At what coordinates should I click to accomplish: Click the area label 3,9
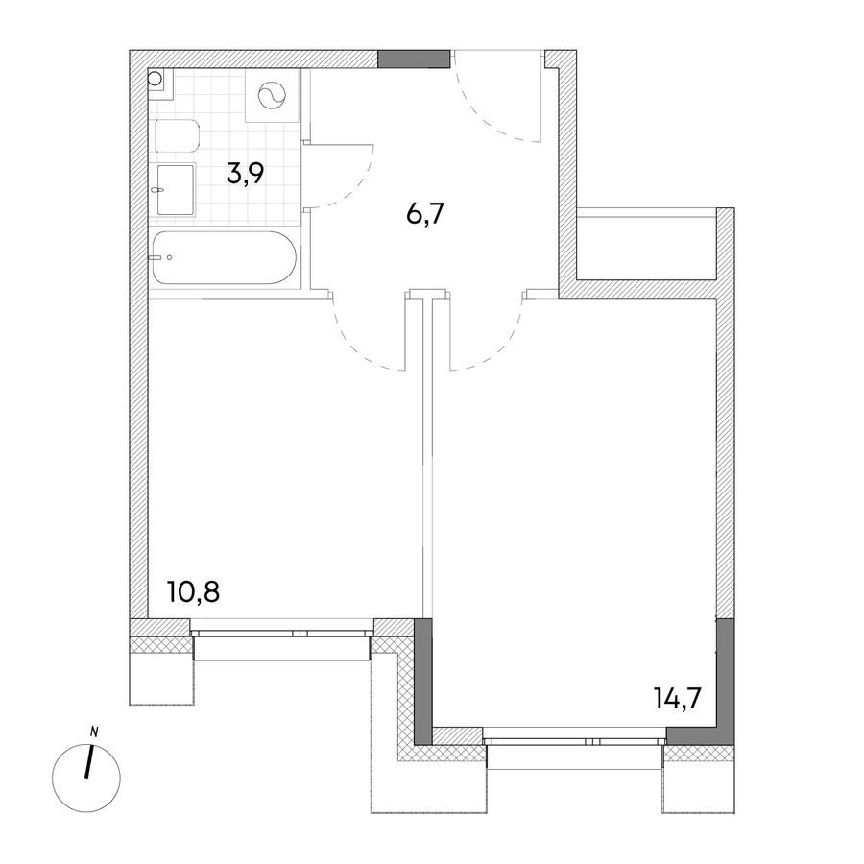(245, 174)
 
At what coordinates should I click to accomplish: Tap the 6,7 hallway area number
(425, 213)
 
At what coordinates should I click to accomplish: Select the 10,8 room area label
(194, 592)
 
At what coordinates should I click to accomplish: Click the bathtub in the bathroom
(225, 258)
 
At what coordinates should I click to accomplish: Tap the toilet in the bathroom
(177, 135)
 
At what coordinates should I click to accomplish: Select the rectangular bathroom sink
(176, 189)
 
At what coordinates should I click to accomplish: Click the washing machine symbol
(273, 96)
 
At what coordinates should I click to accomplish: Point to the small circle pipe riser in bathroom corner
(155, 77)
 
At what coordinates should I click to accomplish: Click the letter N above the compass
(94, 732)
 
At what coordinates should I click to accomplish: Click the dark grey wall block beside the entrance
(414, 59)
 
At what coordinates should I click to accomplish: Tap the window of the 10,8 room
(282, 634)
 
